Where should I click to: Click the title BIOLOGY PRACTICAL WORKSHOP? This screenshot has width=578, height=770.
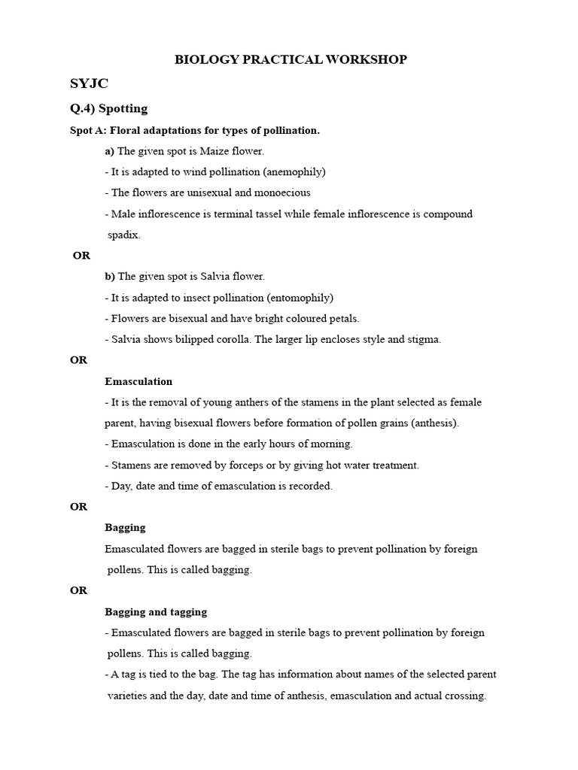[291, 59]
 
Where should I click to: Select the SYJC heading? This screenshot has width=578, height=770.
[90, 83]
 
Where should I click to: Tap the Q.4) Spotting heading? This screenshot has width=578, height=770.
[108, 109]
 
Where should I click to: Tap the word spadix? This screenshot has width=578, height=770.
[124, 235]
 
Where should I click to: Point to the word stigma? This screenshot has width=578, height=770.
[424, 339]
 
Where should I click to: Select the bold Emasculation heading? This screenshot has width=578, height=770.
[138, 381]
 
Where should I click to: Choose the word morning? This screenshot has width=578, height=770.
[332, 444]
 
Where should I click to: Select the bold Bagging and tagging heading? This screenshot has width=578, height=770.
[156, 612]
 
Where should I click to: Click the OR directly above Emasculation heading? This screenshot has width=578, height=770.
[79, 360]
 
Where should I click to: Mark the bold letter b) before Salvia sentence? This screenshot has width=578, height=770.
[110, 277]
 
